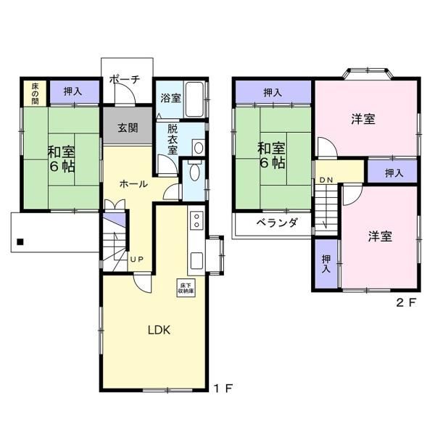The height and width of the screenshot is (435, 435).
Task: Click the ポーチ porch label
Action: [125, 80]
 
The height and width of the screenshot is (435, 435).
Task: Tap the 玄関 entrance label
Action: [128, 128]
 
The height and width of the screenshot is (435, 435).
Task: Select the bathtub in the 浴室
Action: [194, 99]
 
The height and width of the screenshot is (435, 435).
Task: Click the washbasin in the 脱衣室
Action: [199, 147]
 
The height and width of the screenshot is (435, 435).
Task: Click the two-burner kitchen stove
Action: [196, 220]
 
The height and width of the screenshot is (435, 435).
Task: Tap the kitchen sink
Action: [196, 261]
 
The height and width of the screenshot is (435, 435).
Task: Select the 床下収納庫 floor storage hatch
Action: [186, 288]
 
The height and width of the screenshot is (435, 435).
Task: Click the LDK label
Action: [159, 330]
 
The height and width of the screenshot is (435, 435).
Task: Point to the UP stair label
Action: [137, 260]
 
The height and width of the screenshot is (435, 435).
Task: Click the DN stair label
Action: [326, 180]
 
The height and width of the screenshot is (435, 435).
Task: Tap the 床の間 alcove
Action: [35, 94]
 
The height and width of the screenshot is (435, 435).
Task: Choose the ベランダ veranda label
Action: [277, 223]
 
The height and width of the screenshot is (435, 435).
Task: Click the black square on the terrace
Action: [20, 242]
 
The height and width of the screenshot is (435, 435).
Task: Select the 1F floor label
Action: [223, 389]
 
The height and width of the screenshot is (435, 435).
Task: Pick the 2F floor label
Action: [407, 302]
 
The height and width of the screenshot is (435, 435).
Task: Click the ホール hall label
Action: [133, 184]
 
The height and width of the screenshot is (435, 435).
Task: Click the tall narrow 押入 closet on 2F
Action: [326, 264]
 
